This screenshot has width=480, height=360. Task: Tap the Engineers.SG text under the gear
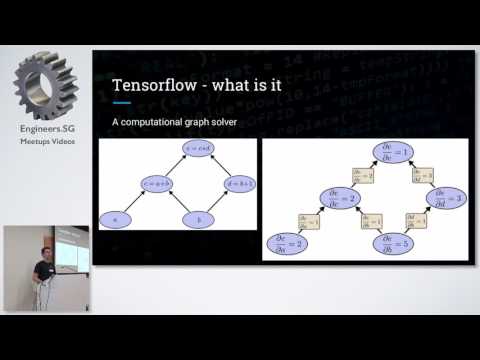click(x=45, y=130)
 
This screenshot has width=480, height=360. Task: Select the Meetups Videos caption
click(x=45, y=142)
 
